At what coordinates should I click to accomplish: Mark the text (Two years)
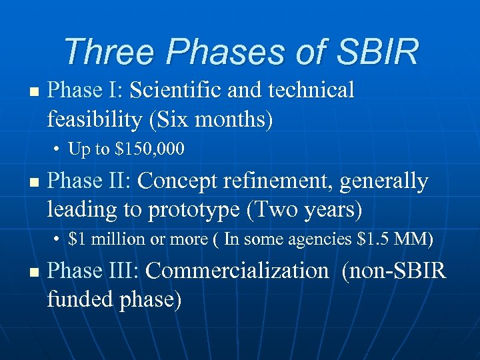[304, 211]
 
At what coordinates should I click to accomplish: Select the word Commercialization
[237, 271]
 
